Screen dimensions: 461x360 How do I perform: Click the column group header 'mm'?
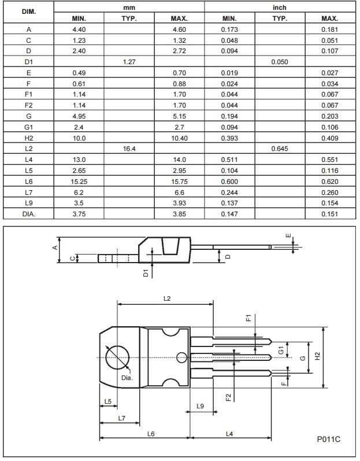[129, 8]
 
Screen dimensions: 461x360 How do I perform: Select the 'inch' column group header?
[280, 8]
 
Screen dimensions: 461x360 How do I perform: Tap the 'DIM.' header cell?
[28, 12]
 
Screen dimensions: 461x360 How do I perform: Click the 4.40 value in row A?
[79, 29]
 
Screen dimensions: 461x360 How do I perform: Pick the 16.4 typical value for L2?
[129, 149]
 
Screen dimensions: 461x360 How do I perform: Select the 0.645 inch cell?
[280, 149]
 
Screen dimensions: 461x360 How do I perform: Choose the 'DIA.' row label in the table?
[28, 213]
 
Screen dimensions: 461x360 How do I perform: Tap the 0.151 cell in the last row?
[330, 213]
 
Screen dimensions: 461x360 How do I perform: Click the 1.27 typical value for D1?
[129, 62]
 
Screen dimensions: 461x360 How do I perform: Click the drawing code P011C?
[328, 439]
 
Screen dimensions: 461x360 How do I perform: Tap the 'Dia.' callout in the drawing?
[127, 378]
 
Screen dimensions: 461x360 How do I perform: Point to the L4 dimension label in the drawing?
[229, 433]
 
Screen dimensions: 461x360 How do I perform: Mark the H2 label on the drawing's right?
[317, 357]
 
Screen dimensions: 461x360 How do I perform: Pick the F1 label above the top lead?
[248, 319]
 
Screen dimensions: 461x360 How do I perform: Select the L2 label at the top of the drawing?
[166, 298]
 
